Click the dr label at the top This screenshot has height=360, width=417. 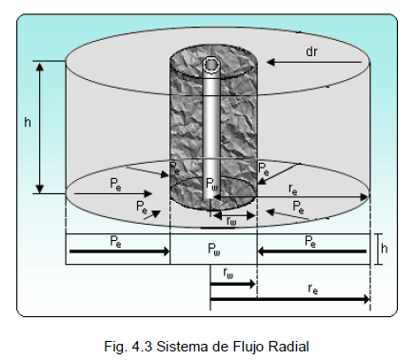tap(311, 51)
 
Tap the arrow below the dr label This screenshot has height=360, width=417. tap(314, 62)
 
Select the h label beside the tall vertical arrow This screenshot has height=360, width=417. tap(28, 122)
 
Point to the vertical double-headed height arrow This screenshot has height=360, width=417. tap(40, 128)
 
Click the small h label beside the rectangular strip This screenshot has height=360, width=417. tap(385, 249)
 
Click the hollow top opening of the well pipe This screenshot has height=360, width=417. tap(211, 65)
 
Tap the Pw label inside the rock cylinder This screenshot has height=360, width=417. tap(212, 184)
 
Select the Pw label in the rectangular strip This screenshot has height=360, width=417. tap(214, 249)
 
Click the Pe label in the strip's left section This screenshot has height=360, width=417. tap(115, 241)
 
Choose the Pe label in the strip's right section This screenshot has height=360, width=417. tap(310, 241)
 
